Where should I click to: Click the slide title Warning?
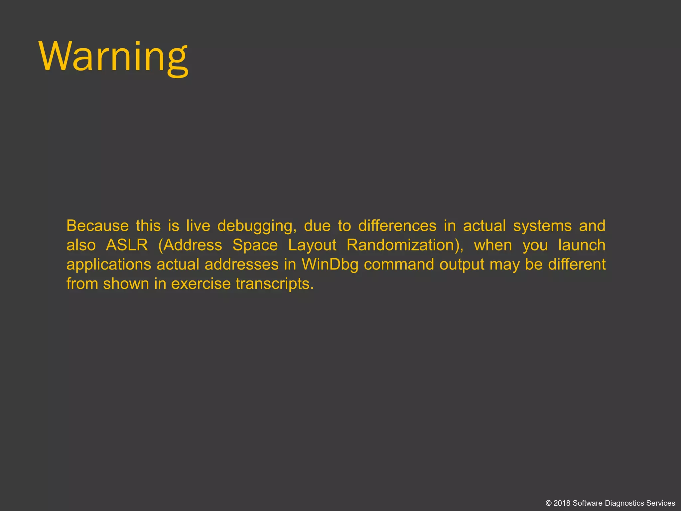[114, 57]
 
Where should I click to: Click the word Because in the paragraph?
[97, 226]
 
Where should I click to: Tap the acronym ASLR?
[127, 246]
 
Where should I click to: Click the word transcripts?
[275, 284]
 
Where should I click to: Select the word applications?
[109, 265]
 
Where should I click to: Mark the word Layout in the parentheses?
[312, 246]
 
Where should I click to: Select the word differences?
[397, 226]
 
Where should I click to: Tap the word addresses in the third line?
[241, 265]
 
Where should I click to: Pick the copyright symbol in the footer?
[549, 503]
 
